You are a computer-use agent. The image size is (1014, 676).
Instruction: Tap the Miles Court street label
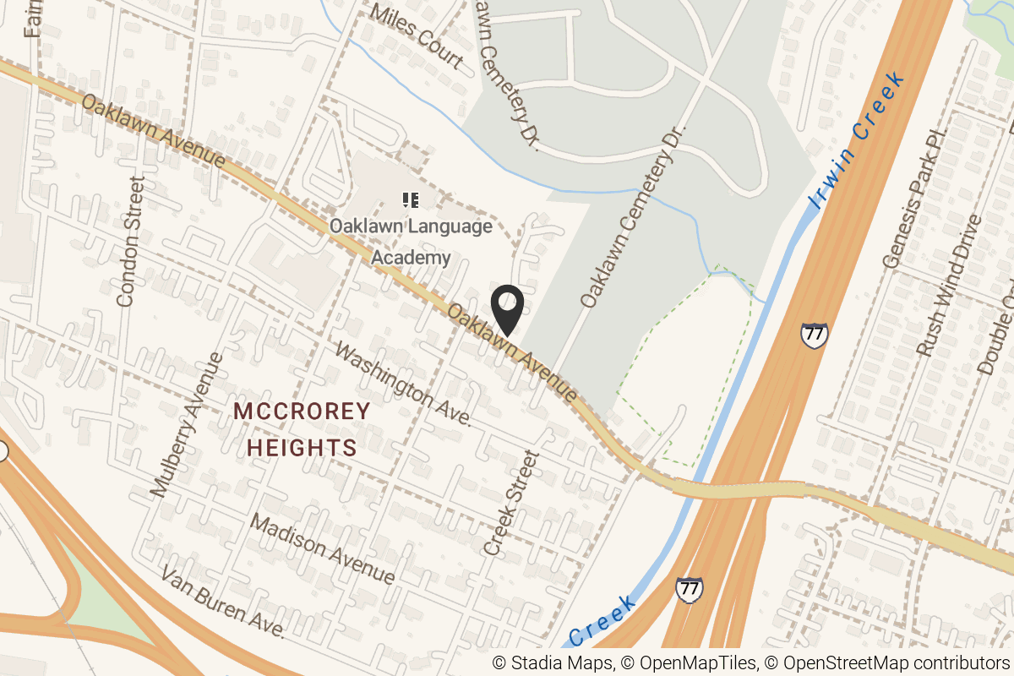pyautogui.click(x=417, y=35)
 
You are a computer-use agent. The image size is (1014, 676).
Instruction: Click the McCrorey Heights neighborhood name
pyautogui.click(x=302, y=429)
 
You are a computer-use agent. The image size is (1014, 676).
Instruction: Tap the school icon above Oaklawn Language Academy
pyautogui.click(x=411, y=200)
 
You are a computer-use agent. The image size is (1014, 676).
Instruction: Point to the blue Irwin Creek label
pyautogui.click(x=855, y=140)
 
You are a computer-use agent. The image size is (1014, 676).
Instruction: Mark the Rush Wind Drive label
pyautogui.click(x=949, y=285)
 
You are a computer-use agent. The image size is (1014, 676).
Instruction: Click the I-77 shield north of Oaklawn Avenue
pyautogui.click(x=814, y=335)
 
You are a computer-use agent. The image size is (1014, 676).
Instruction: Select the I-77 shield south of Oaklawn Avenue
pyautogui.click(x=690, y=588)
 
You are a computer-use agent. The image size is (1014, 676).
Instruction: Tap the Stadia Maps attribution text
pyautogui.click(x=553, y=663)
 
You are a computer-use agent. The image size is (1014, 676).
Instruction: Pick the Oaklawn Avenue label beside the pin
pyautogui.click(x=513, y=353)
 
